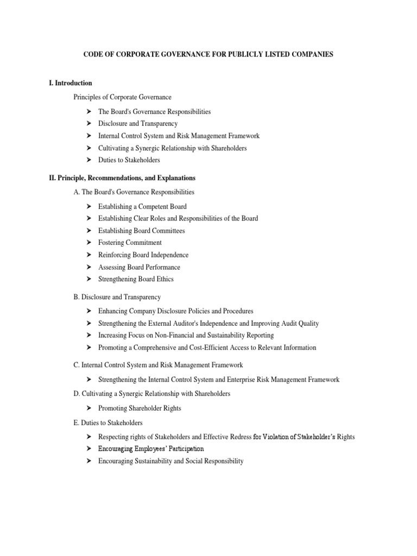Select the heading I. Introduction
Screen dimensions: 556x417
70,83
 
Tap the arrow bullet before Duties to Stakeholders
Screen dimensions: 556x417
89,160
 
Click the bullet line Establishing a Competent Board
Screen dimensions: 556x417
142,206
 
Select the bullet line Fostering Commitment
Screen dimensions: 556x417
130,243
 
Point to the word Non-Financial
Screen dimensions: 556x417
187,336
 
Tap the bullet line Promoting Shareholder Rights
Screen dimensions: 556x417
140,408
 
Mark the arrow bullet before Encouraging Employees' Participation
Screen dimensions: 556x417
89,449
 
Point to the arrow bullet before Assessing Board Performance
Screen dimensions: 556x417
89,267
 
